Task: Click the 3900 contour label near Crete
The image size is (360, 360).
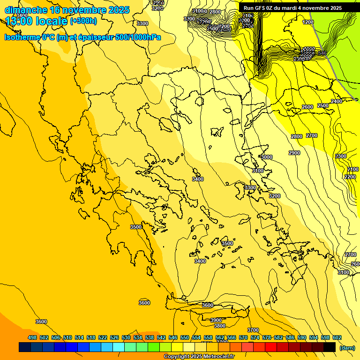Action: pos(216,320)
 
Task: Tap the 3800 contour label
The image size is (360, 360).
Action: pos(219,326)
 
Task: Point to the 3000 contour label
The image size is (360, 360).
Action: pos(267,157)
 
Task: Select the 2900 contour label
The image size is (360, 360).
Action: pos(294,153)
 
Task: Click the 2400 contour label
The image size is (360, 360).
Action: pos(336,101)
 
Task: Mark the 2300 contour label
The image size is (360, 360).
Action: pos(341,156)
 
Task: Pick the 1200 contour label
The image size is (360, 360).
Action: pos(308,22)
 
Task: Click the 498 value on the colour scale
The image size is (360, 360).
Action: pos(32,337)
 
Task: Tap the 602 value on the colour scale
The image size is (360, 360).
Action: pos(337,337)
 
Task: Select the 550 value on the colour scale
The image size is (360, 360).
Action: pos(185,337)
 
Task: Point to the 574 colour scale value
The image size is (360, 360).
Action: pos(255,337)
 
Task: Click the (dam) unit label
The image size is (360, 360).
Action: pos(347,347)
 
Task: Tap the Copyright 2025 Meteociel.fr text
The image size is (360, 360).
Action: pos(199,357)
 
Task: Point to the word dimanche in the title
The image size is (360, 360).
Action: pos(26,10)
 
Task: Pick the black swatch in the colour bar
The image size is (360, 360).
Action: pos(330,347)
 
